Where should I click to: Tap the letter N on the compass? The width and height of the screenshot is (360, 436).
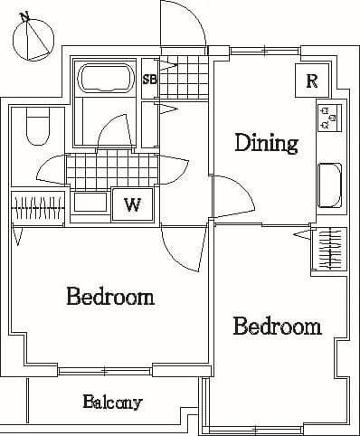24,16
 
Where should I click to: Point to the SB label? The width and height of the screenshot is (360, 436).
150,79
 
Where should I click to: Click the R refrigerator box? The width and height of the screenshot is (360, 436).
311,81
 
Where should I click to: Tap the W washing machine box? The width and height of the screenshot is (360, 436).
132,205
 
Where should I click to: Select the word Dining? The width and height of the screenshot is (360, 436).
266,142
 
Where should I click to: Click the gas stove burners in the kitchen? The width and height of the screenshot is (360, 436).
327,115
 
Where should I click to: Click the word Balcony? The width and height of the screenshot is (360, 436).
112,402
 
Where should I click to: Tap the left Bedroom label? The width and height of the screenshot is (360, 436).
109,297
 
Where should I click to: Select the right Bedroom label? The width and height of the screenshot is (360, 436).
277,326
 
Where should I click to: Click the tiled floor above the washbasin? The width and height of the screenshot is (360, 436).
99,169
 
